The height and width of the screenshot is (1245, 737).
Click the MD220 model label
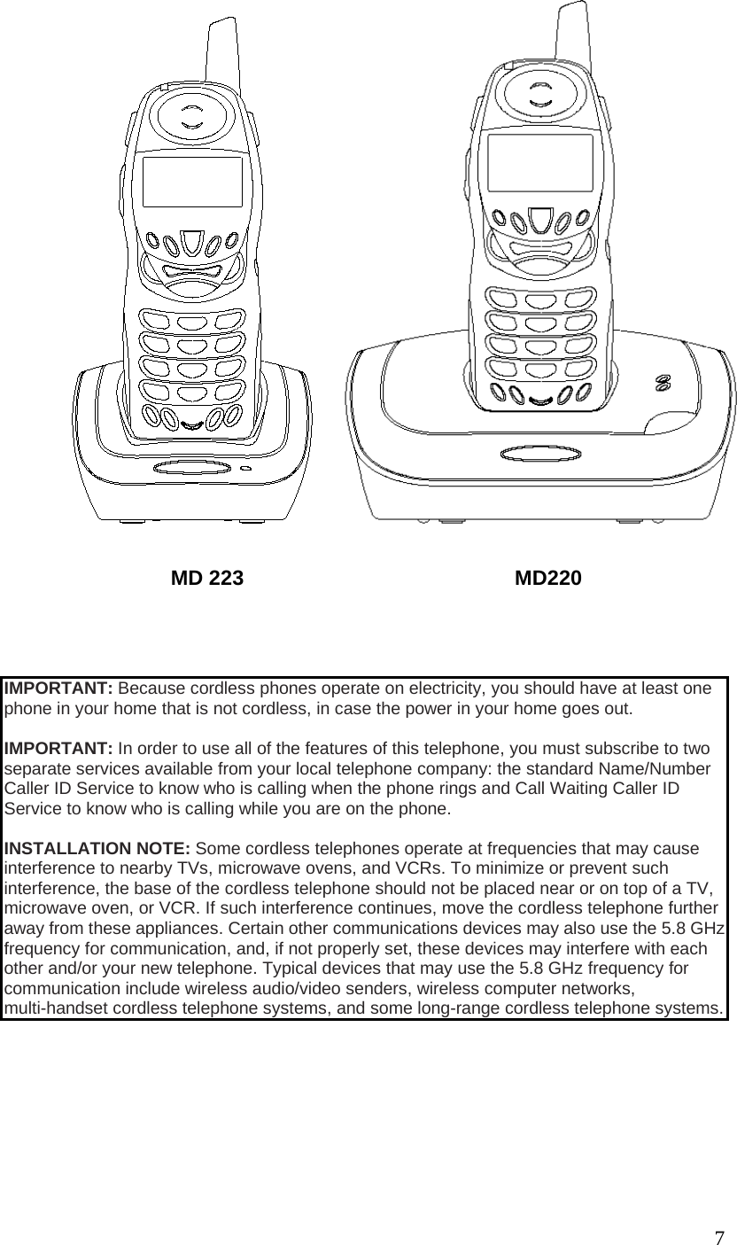click(x=548, y=579)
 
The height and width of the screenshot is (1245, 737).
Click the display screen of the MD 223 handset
click(x=192, y=183)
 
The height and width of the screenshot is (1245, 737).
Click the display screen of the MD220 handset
click(x=539, y=163)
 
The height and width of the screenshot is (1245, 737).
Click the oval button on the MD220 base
click(x=528, y=455)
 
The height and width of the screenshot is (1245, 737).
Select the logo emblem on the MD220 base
click(x=661, y=383)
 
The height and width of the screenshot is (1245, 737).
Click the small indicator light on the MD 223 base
click(x=244, y=469)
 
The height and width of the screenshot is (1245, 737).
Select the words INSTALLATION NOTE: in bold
click(x=97, y=849)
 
